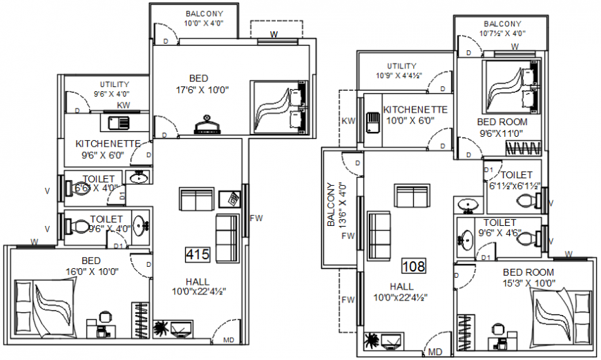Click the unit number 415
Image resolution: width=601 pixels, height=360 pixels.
(198, 255)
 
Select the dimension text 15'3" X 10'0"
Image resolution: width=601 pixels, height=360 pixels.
(528, 283)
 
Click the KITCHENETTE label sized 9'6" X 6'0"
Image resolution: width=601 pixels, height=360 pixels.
(108, 144)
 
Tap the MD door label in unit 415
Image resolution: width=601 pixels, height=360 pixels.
(229, 341)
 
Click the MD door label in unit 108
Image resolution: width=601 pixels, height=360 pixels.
(435, 352)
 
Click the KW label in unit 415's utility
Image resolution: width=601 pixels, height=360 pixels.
(124, 106)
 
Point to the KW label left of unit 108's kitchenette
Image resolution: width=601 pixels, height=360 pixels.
(349, 122)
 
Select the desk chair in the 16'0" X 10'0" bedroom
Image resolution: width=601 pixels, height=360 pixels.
(104, 319)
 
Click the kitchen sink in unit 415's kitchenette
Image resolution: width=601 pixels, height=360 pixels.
(119, 123)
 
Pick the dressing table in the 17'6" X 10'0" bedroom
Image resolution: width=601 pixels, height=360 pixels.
(207, 125)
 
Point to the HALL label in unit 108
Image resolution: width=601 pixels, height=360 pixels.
(401, 286)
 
